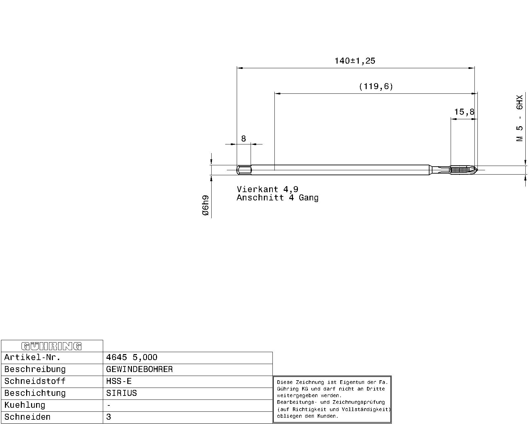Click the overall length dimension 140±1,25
(355, 61)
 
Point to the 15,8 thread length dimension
(464, 112)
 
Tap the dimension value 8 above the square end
(244, 139)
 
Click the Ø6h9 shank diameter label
(206, 205)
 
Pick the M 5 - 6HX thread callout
(520, 118)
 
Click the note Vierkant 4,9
(267, 189)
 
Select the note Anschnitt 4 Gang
(277, 197)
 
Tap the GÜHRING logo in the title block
(52, 346)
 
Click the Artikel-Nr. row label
(32, 357)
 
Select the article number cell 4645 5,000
(132, 357)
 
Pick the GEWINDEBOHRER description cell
(140, 369)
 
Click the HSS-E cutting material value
(119, 381)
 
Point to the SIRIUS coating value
(121, 393)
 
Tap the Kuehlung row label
(25, 405)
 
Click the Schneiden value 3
(109, 417)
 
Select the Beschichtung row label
(35, 393)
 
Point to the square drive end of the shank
(244, 170)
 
